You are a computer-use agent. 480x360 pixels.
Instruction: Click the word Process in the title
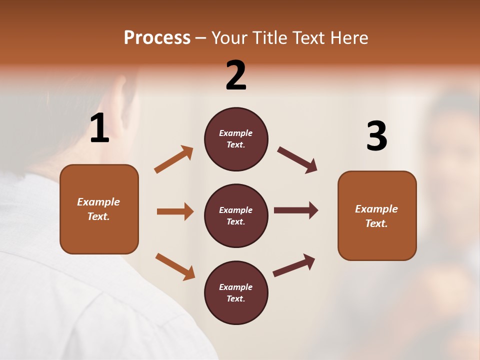[157, 38]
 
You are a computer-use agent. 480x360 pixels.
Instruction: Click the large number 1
[99, 128]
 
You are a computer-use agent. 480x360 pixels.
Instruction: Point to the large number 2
[236, 75]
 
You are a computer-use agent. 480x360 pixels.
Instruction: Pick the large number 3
[376, 136]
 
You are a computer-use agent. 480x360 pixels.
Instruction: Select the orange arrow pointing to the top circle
[173, 159]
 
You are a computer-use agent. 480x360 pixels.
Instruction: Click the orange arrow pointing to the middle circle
[175, 211]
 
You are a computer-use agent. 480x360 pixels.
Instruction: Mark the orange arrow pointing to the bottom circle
[175, 266]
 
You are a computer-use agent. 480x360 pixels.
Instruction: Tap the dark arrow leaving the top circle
[297, 160]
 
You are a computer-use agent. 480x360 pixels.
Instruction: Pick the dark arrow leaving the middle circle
[295, 210]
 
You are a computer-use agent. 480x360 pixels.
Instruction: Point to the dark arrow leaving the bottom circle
[294, 265]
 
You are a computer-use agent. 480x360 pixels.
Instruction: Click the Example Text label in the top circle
[236, 139]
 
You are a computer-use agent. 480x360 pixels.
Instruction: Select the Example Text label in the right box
[376, 216]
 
